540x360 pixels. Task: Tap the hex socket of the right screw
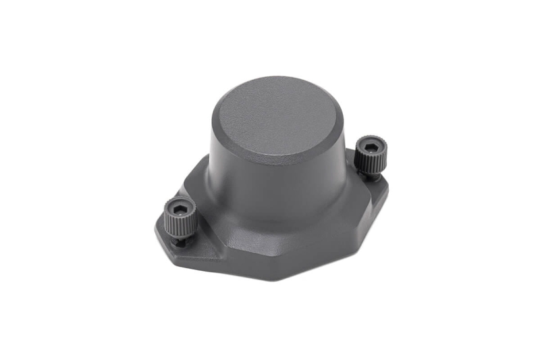[368, 146]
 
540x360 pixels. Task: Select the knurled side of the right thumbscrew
[371, 162]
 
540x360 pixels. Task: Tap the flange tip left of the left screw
[160, 226]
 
